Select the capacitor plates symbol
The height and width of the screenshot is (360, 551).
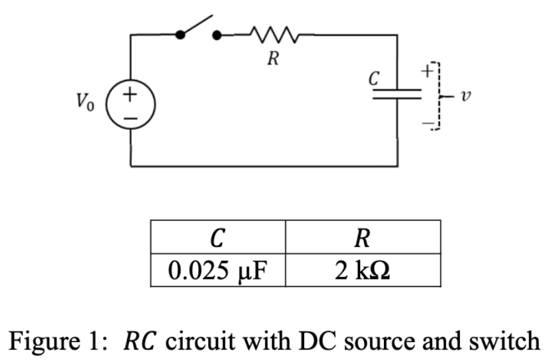point(397,96)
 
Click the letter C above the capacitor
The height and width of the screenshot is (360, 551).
point(375,78)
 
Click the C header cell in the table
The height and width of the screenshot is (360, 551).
point(218,237)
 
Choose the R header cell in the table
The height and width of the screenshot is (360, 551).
point(363,237)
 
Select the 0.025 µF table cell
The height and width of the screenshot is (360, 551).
point(218,270)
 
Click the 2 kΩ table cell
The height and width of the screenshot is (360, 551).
point(363,270)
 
